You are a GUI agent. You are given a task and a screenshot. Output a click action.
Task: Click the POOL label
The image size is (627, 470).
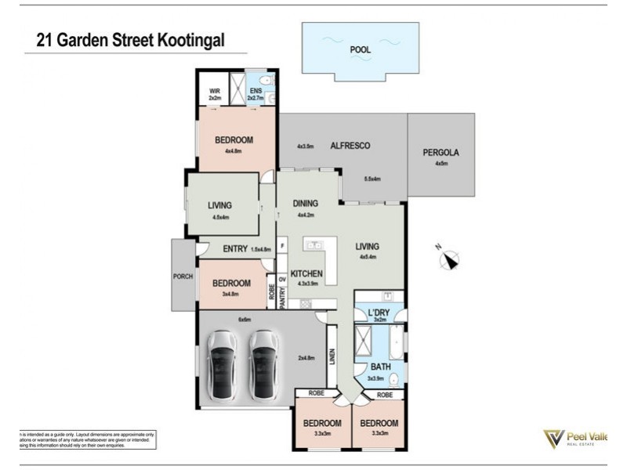[361, 49]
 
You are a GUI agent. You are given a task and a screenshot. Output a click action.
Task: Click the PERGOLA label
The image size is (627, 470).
[440, 153]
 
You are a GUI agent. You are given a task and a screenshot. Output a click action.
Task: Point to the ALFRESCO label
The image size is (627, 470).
[350, 146]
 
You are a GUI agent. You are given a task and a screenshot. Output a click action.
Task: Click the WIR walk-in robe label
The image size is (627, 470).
[215, 92]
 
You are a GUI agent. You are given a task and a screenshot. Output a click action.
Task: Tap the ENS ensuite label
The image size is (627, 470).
[256, 92]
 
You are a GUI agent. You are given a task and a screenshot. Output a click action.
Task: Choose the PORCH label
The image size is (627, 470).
[183, 276]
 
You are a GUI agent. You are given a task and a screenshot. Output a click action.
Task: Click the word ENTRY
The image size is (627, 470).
[235, 249]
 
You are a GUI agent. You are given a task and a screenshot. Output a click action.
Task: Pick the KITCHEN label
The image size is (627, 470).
[307, 273]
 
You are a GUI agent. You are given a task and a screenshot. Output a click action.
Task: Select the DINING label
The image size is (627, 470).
[306, 204]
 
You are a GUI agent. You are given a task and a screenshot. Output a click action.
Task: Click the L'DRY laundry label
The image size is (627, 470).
[379, 313]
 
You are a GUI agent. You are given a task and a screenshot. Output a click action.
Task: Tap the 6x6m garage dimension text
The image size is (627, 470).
[245, 320]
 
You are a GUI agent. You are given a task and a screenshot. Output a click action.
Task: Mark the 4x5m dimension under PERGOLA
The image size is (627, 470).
[440, 164]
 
